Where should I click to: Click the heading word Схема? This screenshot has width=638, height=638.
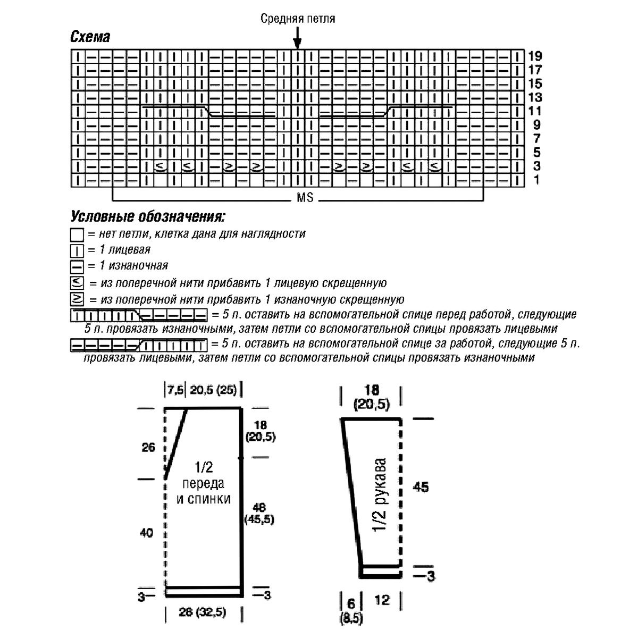click(90, 37)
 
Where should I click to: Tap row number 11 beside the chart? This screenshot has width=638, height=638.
click(535, 111)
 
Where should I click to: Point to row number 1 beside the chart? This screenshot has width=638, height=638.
click(536, 180)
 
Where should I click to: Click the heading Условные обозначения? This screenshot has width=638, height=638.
click(147, 217)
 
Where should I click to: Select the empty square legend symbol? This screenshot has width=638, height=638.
click(77, 234)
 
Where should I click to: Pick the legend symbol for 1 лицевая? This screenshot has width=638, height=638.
click(77, 250)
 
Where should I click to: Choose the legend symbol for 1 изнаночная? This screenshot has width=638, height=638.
click(77, 266)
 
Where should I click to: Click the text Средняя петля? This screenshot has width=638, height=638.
click(298, 19)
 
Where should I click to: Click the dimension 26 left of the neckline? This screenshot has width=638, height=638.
click(149, 448)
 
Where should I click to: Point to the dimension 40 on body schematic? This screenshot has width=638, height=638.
click(146, 533)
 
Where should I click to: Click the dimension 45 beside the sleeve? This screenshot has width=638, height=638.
click(421, 487)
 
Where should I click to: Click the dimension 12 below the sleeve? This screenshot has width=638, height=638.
click(382, 600)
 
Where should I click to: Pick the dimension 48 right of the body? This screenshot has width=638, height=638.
click(260, 507)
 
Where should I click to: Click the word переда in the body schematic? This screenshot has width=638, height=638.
click(203, 484)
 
